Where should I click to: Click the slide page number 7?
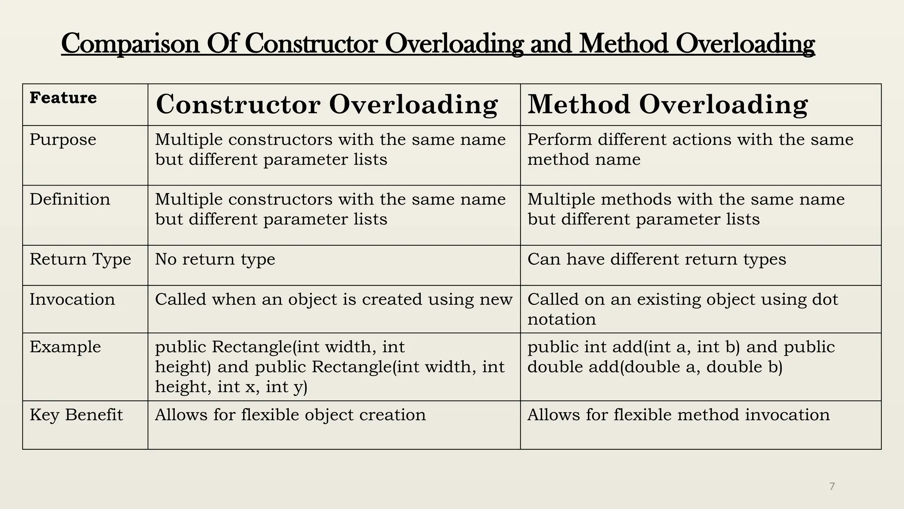point(832,486)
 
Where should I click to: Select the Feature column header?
point(63,98)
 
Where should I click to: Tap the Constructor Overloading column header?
point(327,105)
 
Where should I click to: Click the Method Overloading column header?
point(667,105)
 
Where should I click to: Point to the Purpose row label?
point(63,140)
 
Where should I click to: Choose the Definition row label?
point(70,199)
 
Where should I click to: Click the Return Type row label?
point(80,259)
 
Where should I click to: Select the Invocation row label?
point(72,300)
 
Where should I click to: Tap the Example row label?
point(65,347)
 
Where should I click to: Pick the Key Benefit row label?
point(76,415)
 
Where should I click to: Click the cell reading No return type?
point(215,259)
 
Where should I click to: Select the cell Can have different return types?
point(657,259)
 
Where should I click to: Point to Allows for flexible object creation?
point(290,415)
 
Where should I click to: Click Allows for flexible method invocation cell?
point(678,415)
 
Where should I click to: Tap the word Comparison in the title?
point(130,44)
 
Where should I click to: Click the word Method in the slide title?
point(623,44)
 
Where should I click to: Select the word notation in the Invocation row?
point(561,319)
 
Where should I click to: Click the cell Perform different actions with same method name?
point(690,149)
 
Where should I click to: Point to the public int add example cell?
point(681,357)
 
